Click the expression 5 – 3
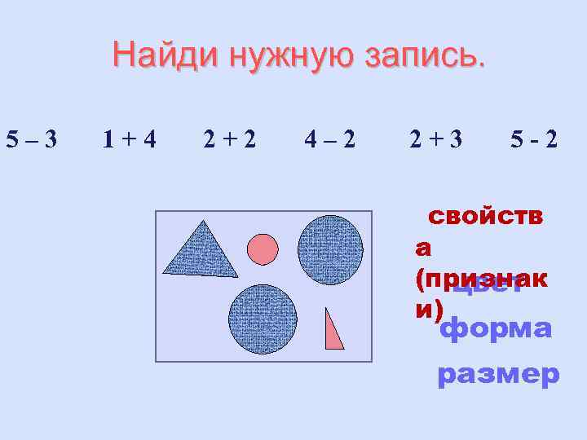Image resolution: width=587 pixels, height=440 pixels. [31, 140]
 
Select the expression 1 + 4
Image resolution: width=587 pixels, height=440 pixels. [130, 140]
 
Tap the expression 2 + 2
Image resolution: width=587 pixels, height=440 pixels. [229, 140]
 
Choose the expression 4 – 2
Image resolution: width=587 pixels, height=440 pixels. [329, 140]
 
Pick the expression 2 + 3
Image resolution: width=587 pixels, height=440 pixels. [435, 140]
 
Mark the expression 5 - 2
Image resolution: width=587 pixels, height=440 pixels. [535, 140]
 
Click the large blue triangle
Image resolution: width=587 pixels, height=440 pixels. [201, 253]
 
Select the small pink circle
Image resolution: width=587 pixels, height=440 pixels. [263, 249]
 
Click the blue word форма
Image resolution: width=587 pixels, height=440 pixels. [496, 330]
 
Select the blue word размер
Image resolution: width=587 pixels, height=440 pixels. [498, 375]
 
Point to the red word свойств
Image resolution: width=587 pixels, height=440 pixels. [486, 216]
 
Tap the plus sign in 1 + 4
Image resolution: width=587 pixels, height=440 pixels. [129, 141]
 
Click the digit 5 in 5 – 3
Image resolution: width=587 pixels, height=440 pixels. [12, 140]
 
